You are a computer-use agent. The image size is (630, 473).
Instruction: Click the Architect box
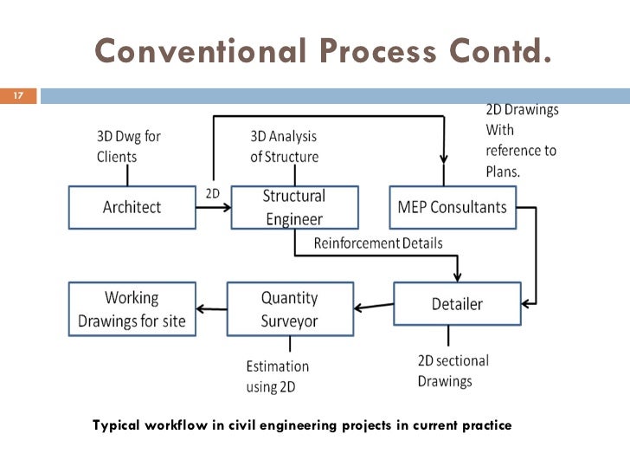point(132,208)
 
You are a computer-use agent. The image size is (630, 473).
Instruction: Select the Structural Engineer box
point(293,208)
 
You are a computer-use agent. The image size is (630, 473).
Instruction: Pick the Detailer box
point(457,304)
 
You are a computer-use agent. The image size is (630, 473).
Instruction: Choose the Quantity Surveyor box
point(289,308)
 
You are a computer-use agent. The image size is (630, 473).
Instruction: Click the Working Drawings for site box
point(132,309)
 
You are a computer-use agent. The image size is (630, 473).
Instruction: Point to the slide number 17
point(16,95)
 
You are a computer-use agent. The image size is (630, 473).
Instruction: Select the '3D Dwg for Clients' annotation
point(128,146)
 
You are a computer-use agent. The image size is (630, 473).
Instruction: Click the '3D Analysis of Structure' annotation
point(284,146)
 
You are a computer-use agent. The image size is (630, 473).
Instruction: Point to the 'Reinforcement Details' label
point(377,243)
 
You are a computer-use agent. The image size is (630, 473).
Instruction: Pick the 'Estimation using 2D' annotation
point(277,377)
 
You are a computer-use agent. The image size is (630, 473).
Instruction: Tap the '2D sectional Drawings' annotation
point(453,371)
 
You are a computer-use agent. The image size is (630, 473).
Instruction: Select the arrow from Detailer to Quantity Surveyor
point(373,305)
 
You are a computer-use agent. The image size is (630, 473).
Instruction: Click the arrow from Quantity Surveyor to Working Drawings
point(211,308)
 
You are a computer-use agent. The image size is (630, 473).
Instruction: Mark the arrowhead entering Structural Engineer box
point(226,208)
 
